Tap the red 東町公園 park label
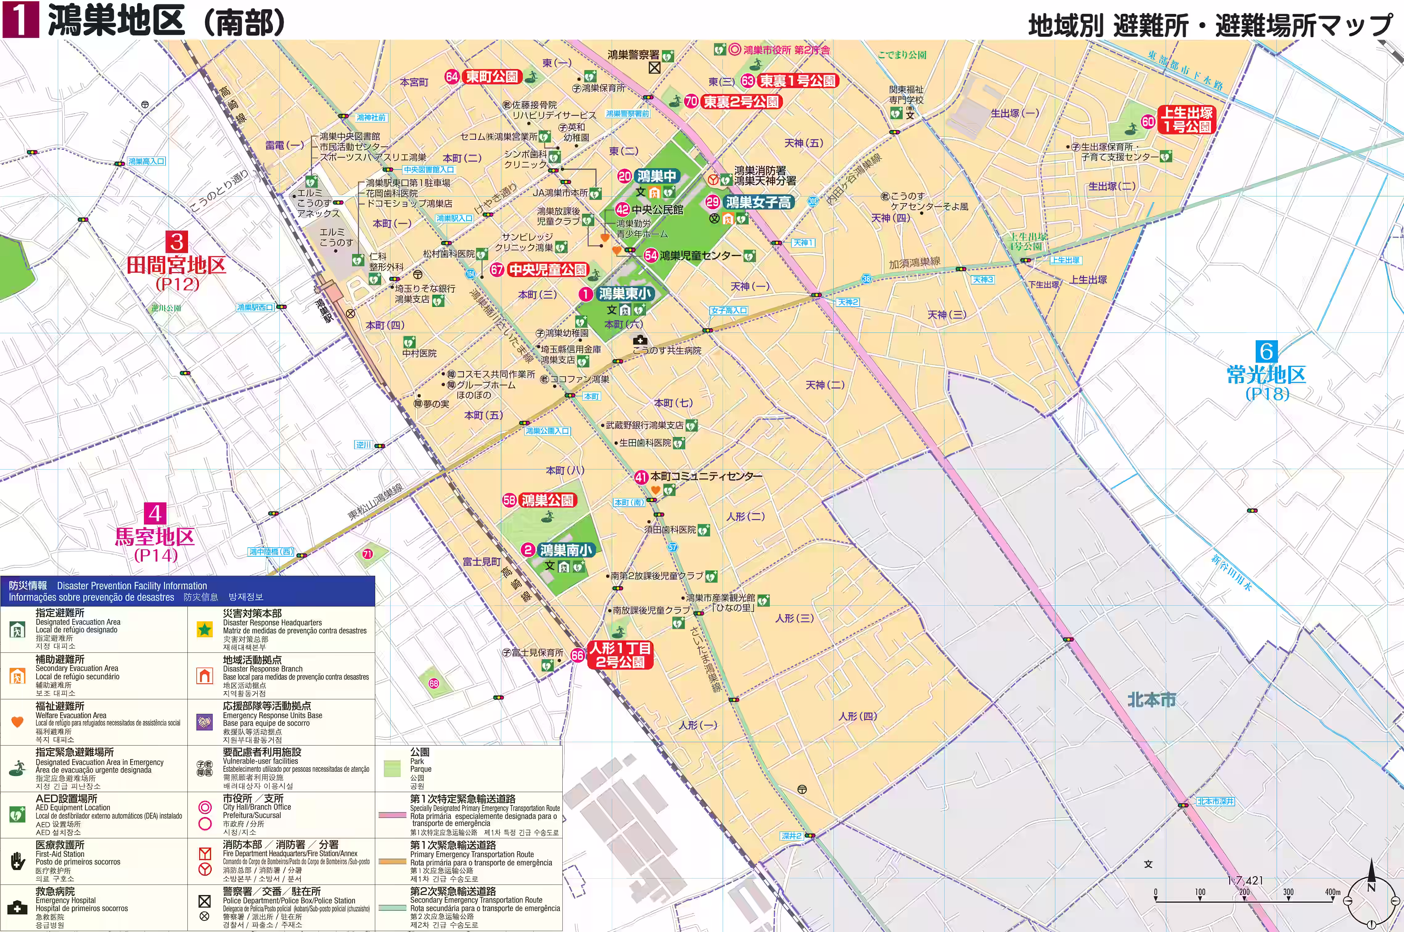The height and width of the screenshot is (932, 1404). tap(491, 77)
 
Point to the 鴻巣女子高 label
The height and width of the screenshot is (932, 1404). tap(758, 202)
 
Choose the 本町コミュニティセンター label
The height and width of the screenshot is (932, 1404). tap(706, 476)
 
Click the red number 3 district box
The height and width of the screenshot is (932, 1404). tap(177, 242)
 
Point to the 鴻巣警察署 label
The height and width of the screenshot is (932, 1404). tap(633, 55)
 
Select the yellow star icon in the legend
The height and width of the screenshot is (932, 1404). tap(204, 629)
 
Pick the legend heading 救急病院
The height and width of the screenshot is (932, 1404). tap(55, 892)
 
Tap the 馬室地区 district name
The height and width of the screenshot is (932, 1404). tap(154, 537)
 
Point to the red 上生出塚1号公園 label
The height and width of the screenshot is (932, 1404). tap(1187, 120)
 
